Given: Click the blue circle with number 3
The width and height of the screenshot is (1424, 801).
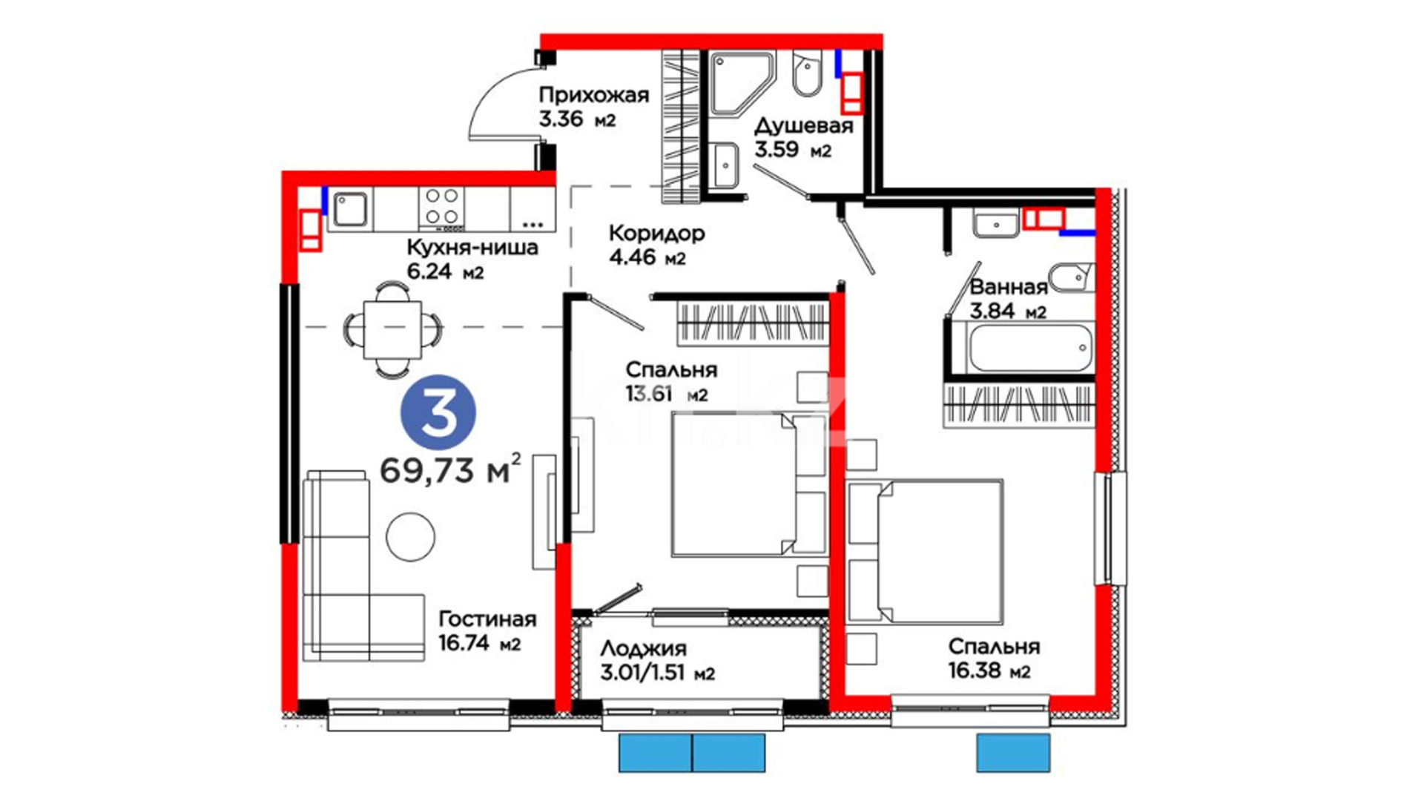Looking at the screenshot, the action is pos(438,412).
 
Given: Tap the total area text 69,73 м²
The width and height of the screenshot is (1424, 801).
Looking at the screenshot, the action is pos(450,469).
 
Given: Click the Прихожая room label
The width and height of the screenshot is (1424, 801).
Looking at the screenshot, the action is pos(593,95).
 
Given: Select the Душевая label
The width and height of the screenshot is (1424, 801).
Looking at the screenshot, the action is pos(803,126).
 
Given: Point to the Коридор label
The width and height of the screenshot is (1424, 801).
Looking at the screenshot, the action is pos(656,234).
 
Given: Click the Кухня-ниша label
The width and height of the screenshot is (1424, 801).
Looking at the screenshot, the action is pos(472,247).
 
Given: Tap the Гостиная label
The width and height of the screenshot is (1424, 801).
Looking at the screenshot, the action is pos(487,619).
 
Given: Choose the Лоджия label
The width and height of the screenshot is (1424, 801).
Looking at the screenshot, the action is pos(643,649).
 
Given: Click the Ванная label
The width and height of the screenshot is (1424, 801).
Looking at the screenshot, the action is pos(1009,287).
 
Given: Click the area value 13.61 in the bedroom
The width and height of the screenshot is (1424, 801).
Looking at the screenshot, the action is pos(648,393).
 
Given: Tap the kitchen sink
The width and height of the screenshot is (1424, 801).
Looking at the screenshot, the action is pos(349,209).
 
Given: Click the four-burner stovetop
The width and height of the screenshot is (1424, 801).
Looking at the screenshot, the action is pos(441,207).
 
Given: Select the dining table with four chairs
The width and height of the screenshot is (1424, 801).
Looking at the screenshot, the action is pos(392,329).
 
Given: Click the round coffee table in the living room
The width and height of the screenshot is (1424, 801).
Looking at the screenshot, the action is pos(411,536).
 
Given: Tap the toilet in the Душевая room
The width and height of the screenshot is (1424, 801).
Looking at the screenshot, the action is pos(807,73).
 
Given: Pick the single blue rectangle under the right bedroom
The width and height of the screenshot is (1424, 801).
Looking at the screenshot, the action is pos(1013,753).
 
